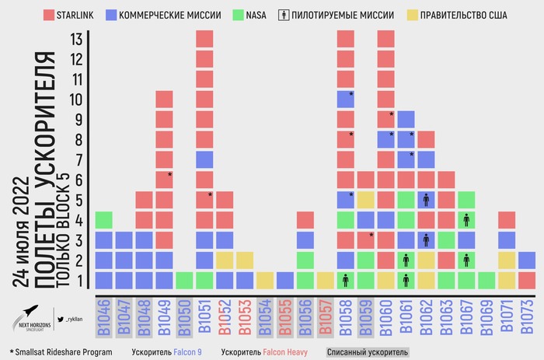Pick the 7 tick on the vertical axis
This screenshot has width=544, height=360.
pyautogui.click(x=76, y=159)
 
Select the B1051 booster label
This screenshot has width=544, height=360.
pyautogui.click(x=204, y=317)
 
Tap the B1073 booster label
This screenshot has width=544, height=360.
pyautogui.click(x=527, y=317)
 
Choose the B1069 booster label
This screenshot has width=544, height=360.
pyautogui.click(x=486, y=317)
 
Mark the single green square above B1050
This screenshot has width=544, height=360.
pyautogui.click(x=184, y=280)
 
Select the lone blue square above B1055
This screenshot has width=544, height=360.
pyautogui.click(x=285, y=280)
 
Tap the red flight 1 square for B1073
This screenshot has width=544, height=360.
pyautogui.click(x=527, y=280)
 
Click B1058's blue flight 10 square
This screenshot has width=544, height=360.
pyautogui.click(x=346, y=99)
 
